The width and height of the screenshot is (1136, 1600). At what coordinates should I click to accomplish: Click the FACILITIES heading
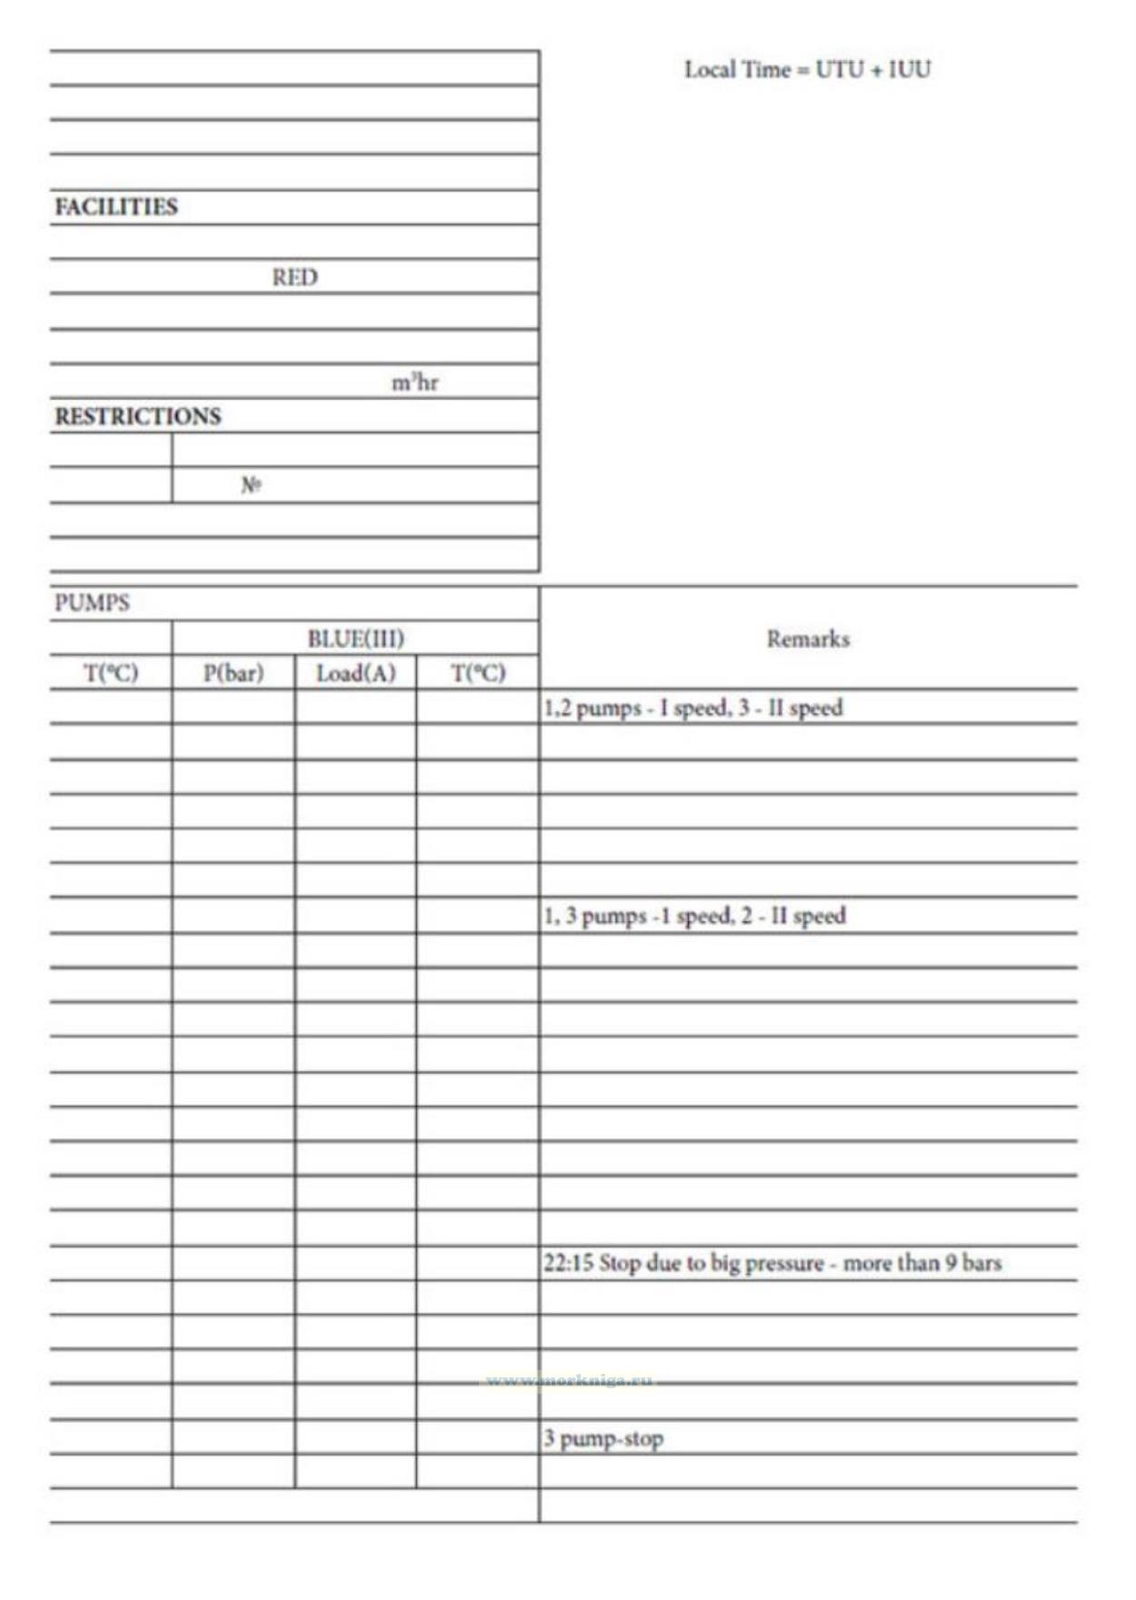(116, 206)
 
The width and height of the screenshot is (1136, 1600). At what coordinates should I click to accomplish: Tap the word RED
(294, 277)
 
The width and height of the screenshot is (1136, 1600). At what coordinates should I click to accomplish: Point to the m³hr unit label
(414, 383)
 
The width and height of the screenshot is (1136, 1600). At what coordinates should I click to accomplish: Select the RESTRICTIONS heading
(137, 416)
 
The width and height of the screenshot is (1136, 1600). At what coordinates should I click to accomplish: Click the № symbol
(251, 485)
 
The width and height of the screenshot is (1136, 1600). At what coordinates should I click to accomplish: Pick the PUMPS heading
(92, 603)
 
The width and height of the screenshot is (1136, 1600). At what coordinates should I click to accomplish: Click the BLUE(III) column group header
(355, 639)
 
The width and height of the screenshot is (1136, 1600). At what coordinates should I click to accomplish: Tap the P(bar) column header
(233, 673)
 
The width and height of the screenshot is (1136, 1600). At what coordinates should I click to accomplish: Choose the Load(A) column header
(355, 673)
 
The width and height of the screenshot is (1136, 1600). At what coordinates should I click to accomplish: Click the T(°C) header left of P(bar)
(111, 673)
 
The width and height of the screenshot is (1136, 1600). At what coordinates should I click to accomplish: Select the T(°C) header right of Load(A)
(478, 673)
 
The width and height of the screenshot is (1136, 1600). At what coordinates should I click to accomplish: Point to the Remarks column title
(808, 639)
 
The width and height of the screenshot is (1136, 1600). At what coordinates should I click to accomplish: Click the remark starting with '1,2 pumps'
(693, 708)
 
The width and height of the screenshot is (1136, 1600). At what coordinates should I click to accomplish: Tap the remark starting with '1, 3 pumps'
(694, 916)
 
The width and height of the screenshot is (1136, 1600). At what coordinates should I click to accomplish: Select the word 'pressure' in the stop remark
(783, 1264)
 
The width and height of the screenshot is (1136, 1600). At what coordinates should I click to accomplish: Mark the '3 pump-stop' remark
(603, 1438)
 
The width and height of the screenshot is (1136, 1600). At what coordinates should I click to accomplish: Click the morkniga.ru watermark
(570, 1381)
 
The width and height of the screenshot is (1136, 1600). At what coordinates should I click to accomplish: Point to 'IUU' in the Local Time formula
(909, 70)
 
